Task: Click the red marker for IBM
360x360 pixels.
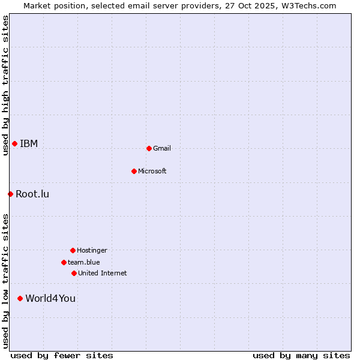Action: pyautogui.click(x=14, y=143)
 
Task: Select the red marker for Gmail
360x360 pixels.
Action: pyautogui.click(x=149, y=148)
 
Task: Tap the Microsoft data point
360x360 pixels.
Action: pyautogui.click(x=134, y=171)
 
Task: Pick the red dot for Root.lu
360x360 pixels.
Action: pyautogui.click(x=10, y=194)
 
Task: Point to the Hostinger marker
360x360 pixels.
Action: pyautogui.click(x=73, y=250)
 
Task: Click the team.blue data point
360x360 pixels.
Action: pyautogui.click(x=64, y=262)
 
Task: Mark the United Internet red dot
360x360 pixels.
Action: pyautogui.click(x=74, y=273)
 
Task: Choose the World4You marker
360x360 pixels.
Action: pyautogui.click(x=20, y=298)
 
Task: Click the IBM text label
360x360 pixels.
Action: pyautogui.click(x=29, y=143)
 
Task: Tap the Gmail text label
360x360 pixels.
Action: pyautogui.click(x=162, y=148)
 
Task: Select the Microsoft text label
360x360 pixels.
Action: pyautogui.click(x=152, y=171)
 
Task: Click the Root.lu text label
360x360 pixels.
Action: pyautogui.click(x=32, y=194)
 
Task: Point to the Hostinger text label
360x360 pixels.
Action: pyautogui.click(x=92, y=250)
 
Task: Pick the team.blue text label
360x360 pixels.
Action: pyautogui.click(x=84, y=262)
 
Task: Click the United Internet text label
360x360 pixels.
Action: pyautogui.click(x=103, y=273)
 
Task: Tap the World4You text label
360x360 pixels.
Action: pyautogui.click(x=50, y=298)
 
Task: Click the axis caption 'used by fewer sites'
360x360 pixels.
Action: pyautogui.click(x=62, y=355)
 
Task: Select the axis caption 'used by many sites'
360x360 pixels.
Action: pyautogui.click(x=301, y=355)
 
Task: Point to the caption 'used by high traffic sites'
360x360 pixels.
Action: pyautogui.click(x=5, y=85)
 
